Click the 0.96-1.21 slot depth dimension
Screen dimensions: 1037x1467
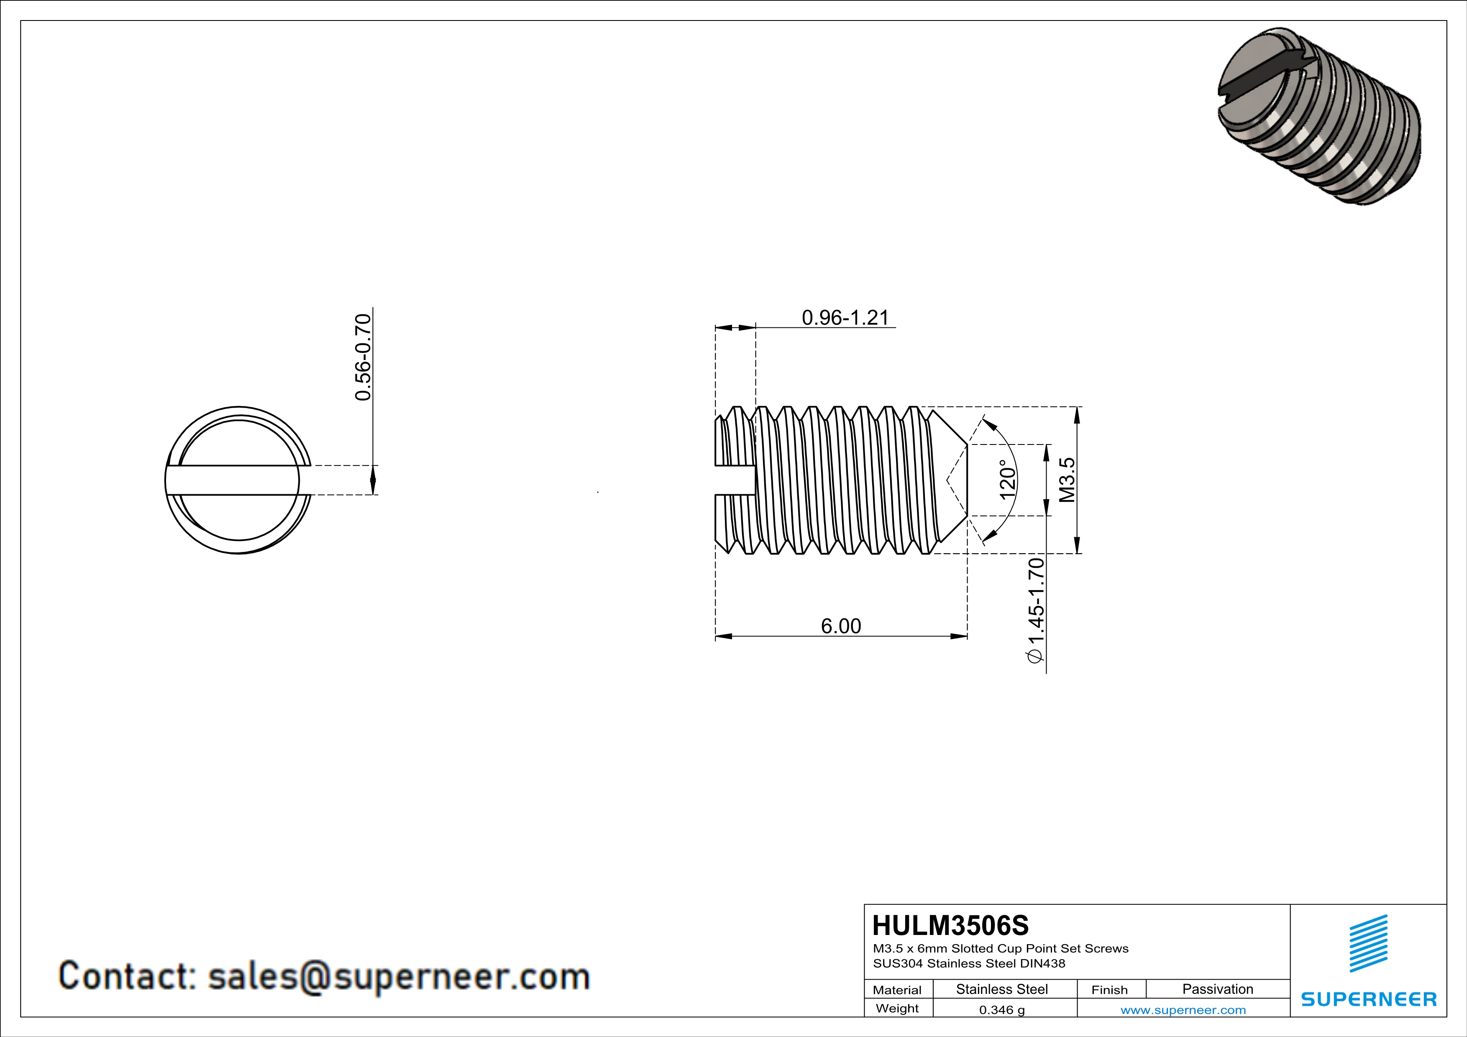pos(845,317)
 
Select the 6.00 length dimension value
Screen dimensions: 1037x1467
pos(840,626)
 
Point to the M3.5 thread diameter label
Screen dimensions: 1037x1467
pos(1067,480)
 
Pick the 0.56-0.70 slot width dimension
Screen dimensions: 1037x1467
pos(363,357)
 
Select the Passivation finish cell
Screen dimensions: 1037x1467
pos(1217,989)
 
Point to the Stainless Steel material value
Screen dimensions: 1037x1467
pos(1001,989)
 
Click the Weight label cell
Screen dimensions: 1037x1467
pos(897,1008)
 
